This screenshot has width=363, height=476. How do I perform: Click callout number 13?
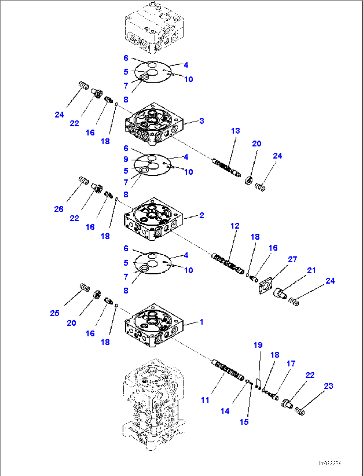pos(235,131)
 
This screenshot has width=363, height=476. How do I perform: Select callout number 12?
pos(235,226)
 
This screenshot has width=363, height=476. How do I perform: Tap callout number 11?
pos(205,400)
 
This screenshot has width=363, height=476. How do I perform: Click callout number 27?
pos(292,259)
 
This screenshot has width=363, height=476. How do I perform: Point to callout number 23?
pos(328,386)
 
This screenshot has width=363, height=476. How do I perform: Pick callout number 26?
pos(59,209)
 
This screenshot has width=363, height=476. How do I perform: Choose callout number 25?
pos(55,313)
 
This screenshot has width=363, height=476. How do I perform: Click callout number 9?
pos(126,159)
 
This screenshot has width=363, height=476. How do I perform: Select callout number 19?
pos(258,345)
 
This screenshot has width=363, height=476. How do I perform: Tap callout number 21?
pos(311,270)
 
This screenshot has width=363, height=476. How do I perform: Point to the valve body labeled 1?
pos(154,325)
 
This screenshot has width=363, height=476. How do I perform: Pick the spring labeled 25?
pos(85,287)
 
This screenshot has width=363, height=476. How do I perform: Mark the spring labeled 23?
pos(300,411)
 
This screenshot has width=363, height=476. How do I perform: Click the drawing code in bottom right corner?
pos(329,463)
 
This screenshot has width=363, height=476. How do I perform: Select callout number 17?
pos(291,363)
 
